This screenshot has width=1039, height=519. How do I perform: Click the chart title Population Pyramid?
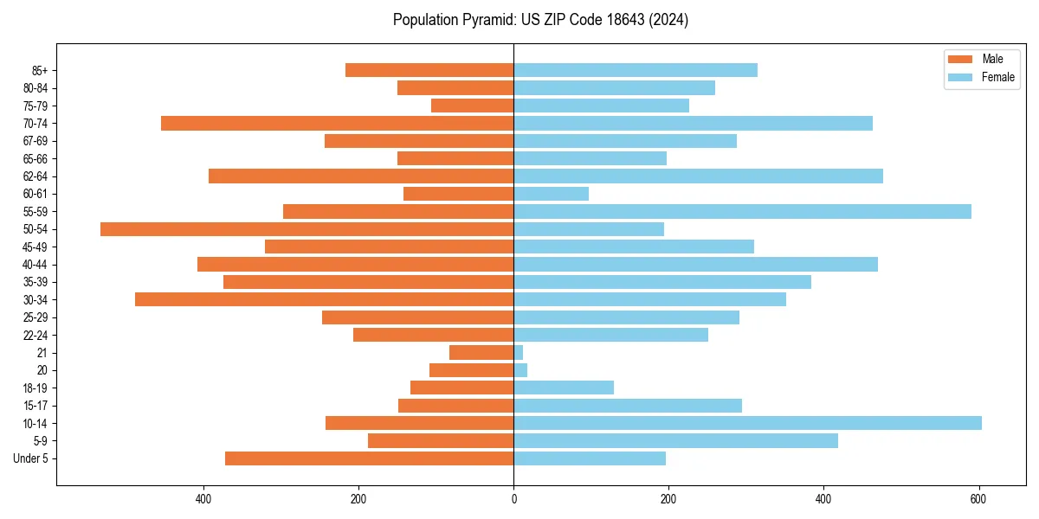(x=540, y=20)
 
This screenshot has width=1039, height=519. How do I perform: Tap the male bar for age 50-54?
(x=307, y=229)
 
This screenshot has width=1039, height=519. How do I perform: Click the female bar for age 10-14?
(x=747, y=423)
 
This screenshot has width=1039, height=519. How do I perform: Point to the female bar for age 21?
(x=519, y=353)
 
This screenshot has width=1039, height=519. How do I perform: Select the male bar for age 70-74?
(x=337, y=124)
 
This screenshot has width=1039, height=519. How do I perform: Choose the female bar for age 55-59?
(x=742, y=212)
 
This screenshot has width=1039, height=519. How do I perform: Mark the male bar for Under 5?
(x=369, y=458)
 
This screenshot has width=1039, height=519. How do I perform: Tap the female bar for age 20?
(x=520, y=370)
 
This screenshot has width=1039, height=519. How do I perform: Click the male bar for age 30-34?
(x=324, y=300)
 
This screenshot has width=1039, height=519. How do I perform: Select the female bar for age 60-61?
(x=551, y=194)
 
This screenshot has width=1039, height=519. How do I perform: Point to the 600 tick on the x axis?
(x=978, y=499)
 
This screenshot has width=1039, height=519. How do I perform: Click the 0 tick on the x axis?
(x=513, y=499)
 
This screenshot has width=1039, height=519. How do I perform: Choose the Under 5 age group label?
(x=31, y=458)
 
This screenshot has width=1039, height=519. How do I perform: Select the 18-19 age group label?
(x=35, y=388)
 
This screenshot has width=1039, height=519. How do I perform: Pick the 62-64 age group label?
(x=35, y=176)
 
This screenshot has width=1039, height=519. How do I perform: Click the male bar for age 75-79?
(x=472, y=106)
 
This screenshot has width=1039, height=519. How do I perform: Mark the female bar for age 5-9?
(x=675, y=441)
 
